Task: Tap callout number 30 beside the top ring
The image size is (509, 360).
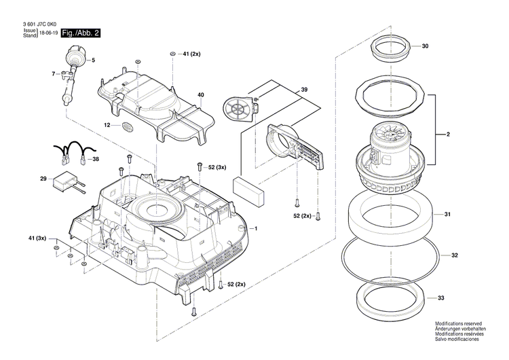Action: [425, 46]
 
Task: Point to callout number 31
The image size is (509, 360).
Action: [448, 215]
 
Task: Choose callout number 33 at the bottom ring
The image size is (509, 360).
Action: [441, 298]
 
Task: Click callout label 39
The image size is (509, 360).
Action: [305, 90]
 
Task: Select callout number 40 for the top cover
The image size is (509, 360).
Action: [200, 94]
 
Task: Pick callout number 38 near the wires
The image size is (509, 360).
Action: [95, 159]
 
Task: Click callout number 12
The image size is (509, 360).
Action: [107, 125]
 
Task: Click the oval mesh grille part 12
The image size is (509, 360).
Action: [127, 126]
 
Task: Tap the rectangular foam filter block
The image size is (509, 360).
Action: [248, 191]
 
